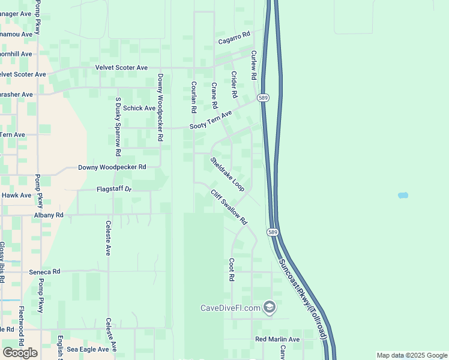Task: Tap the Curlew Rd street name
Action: point(254,65)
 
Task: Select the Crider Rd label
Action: point(234,85)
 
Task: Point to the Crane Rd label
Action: point(214,96)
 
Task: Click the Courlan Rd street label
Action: point(194,98)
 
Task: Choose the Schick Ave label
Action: point(139,108)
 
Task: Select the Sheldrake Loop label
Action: point(228,175)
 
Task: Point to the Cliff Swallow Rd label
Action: point(229,207)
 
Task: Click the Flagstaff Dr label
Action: point(114,190)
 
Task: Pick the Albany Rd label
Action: point(49,215)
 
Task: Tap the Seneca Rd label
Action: point(45,272)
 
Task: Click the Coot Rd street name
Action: point(231,270)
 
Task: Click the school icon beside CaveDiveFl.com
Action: point(270,308)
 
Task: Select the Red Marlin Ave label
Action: point(277,340)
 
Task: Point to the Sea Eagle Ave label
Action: point(92,349)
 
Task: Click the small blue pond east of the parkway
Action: point(403,196)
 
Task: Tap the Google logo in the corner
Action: point(20,353)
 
